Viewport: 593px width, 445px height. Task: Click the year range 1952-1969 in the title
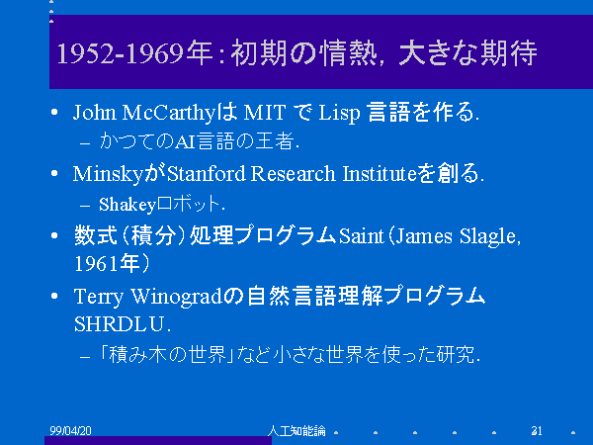(121, 53)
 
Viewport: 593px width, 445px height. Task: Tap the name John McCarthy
(144, 113)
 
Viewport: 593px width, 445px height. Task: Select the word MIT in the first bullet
(264, 113)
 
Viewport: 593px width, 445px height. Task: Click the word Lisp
(339, 113)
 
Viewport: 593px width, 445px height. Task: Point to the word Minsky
(108, 175)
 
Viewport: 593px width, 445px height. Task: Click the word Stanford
(207, 174)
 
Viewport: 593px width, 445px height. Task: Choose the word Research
(294, 174)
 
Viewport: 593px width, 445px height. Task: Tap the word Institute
(380, 174)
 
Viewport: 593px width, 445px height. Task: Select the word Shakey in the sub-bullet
(127, 205)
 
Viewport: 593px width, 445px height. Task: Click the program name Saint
(361, 236)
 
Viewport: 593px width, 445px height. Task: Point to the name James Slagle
(457, 237)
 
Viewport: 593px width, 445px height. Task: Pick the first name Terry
(99, 297)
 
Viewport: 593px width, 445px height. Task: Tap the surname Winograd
(176, 297)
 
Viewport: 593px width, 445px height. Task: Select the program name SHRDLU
(120, 324)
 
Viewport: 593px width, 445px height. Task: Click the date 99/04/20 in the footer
(70, 430)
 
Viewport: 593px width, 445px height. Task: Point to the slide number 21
(537, 430)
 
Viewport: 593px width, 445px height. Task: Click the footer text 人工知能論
(296, 430)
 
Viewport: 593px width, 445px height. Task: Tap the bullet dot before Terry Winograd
(54, 296)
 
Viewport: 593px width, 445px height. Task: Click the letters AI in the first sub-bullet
(185, 142)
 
